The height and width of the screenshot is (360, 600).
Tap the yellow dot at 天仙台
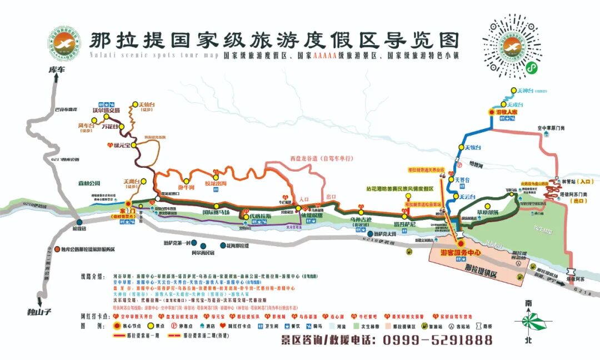click(x=134, y=104)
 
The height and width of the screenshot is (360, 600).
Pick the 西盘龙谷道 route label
click(x=321, y=159)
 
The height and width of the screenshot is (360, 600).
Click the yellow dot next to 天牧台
click(x=461, y=147)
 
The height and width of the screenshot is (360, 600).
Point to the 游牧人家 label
click(x=507, y=112)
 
